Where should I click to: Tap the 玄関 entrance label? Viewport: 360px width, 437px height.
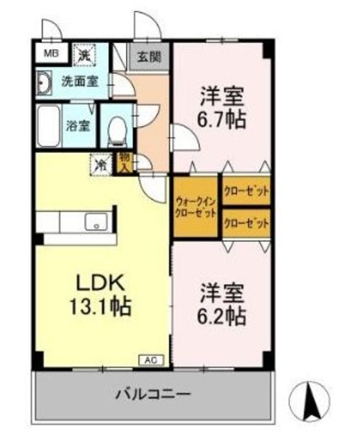pos(147,57)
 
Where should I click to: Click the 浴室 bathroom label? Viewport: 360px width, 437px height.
pos(77,126)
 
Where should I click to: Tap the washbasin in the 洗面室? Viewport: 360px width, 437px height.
pos(44,83)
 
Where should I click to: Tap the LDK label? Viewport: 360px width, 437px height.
pos(102,281)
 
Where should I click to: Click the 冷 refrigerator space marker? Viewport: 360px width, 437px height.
pos(100,165)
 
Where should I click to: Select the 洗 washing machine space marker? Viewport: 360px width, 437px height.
pos(85,54)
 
